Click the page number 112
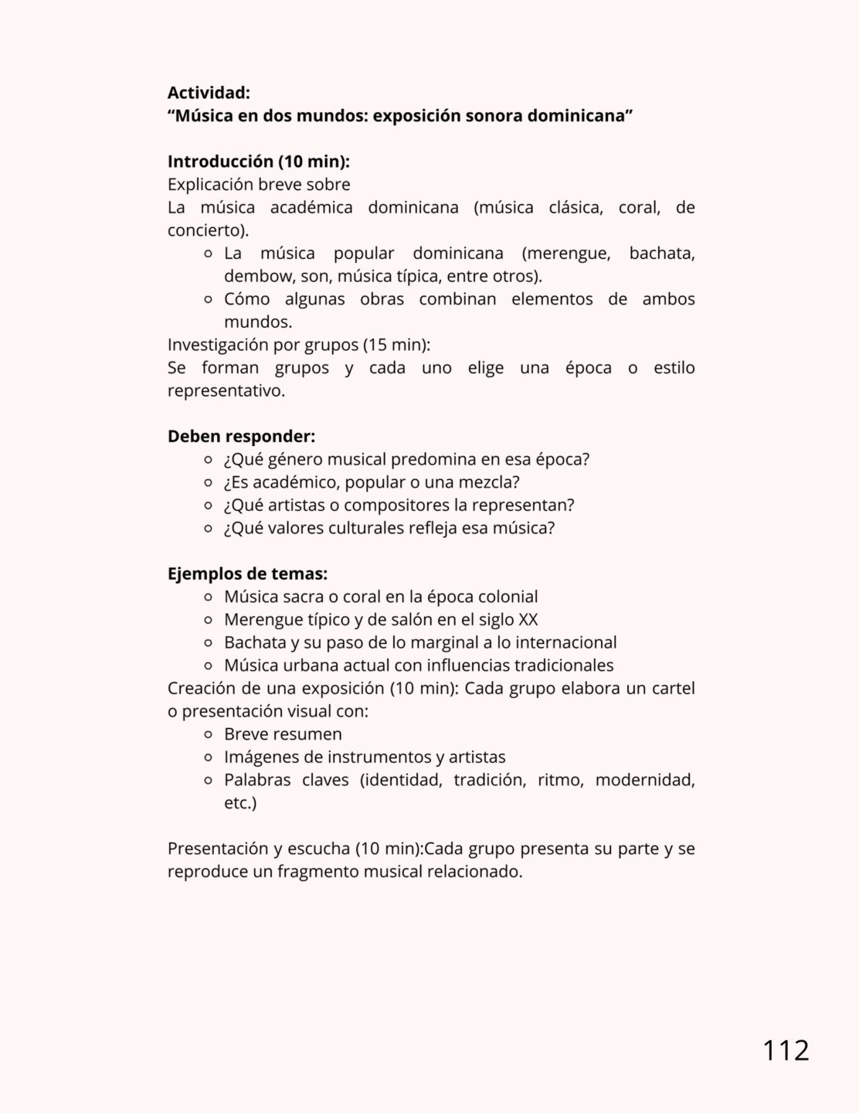(x=786, y=1050)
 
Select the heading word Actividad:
(x=209, y=93)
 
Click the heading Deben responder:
(x=241, y=436)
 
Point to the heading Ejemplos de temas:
(x=247, y=574)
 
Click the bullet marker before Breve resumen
(x=208, y=734)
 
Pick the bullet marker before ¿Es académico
(x=208, y=482)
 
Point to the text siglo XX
(x=511, y=619)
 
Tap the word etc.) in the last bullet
(x=240, y=803)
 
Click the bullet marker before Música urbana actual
(x=208, y=665)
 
